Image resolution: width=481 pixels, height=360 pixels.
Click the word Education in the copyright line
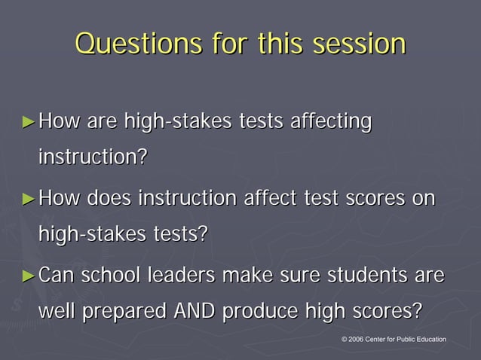pyautogui.click(x=428, y=340)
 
